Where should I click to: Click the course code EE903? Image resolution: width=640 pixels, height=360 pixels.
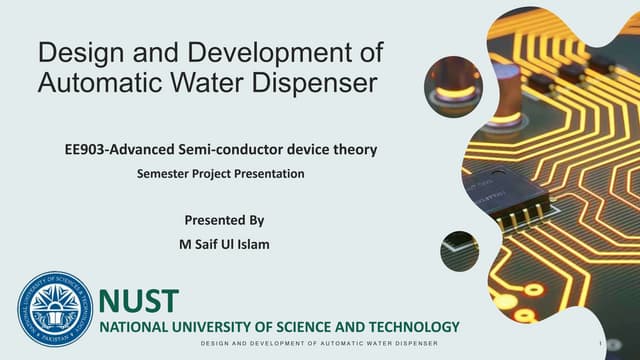85,150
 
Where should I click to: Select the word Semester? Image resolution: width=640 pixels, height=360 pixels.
164,173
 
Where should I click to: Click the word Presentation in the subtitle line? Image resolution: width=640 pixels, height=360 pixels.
267,173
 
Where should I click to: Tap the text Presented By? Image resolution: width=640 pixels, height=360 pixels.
224,219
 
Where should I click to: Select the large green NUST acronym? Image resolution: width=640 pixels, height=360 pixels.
140,299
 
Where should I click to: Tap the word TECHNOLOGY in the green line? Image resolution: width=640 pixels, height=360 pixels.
411,326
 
